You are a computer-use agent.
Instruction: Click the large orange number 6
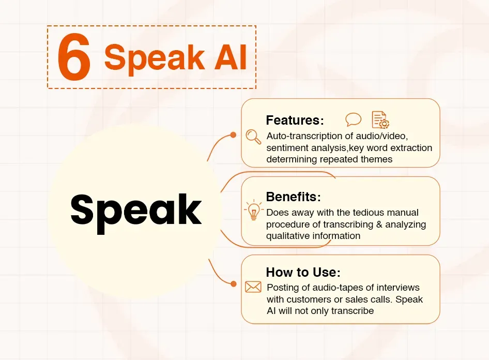[74, 58]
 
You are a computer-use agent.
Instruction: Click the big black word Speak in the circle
[136, 209]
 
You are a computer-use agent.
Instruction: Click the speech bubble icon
[354, 119]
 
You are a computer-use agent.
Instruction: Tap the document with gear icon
[380, 119]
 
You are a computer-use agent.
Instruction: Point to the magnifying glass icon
[253, 136]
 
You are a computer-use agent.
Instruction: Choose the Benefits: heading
[293, 197]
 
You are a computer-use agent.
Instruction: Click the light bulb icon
[253, 211]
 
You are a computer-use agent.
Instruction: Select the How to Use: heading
[303, 272]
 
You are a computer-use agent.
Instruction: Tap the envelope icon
[253, 287]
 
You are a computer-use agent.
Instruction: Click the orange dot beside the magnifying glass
[233, 134]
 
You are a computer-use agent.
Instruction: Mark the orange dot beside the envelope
[233, 284]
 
